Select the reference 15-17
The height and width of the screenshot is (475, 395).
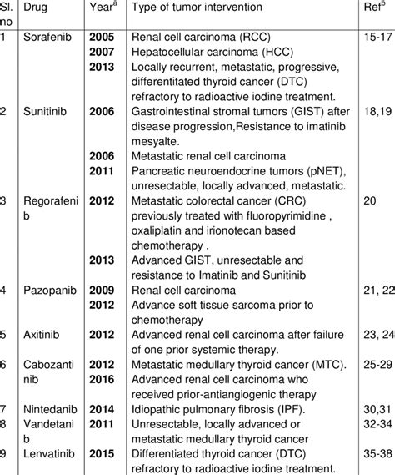pos(377,38)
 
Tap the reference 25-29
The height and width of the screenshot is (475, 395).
pos(377,365)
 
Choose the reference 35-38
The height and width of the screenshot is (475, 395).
pos(377,455)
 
